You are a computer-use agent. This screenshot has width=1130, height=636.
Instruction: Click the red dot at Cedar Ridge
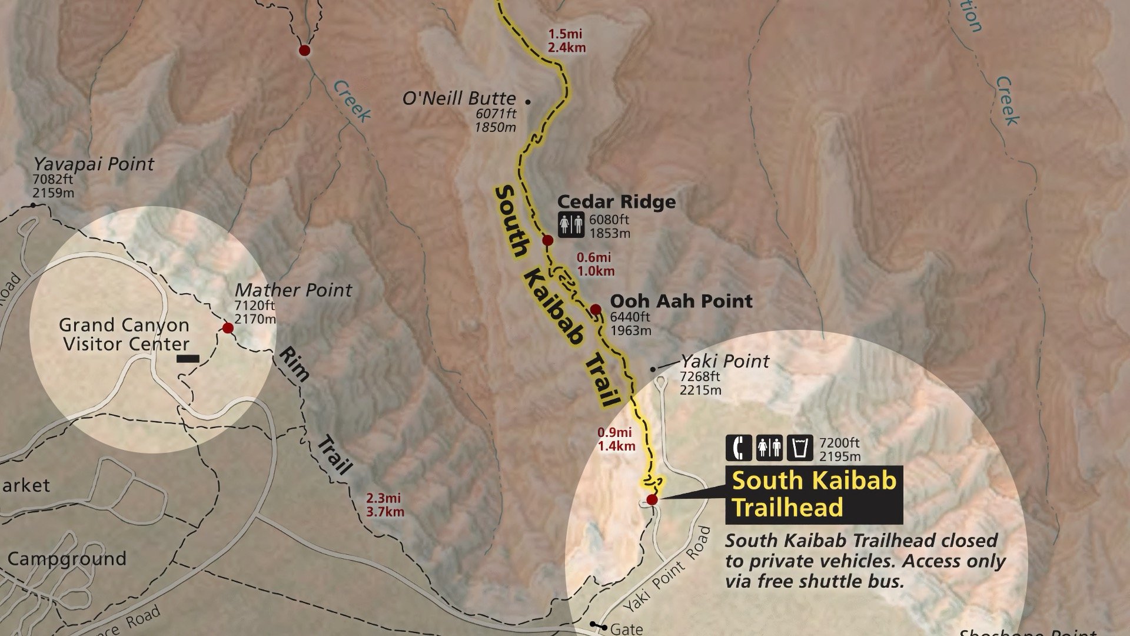(x=547, y=240)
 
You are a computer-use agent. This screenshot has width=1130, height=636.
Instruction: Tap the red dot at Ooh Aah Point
(x=595, y=309)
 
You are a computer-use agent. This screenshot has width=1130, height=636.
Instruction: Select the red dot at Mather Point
(x=228, y=327)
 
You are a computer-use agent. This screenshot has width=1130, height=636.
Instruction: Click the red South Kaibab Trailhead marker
(x=652, y=500)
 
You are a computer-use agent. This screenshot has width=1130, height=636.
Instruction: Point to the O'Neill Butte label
(x=459, y=98)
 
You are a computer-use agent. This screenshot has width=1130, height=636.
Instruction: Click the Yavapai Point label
(x=94, y=164)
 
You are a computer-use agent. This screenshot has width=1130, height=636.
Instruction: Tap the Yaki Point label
(x=724, y=361)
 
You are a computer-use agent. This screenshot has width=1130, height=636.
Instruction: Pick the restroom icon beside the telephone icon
(x=769, y=448)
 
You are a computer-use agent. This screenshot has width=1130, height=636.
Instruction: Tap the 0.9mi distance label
(x=615, y=433)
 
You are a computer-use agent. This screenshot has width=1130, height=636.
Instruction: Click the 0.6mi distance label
(x=594, y=257)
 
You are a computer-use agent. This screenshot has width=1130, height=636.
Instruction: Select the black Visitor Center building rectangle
(x=188, y=358)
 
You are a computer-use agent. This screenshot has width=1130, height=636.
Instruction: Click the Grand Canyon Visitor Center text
(x=125, y=334)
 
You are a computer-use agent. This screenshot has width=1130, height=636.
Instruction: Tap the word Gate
(x=626, y=630)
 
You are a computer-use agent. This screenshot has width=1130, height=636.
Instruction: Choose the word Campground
(x=67, y=558)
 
